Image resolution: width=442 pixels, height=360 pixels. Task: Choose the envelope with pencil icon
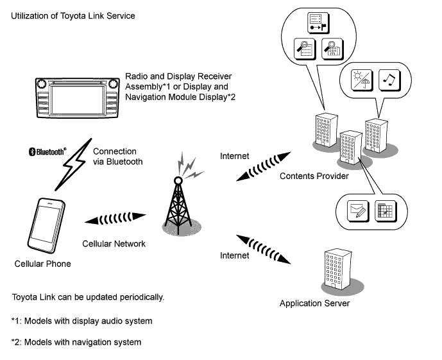[x=356, y=210]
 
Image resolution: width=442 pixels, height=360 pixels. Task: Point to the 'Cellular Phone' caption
[x=42, y=264]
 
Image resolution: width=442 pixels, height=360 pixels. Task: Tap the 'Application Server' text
[x=314, y=303]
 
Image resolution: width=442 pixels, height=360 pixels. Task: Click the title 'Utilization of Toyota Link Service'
[x=73, y=15]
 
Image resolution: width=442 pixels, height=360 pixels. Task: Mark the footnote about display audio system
[x=81, y=320]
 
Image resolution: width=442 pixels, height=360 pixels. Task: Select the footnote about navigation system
[x=76, y=342]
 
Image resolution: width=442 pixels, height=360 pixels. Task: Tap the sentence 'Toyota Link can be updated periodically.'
[x=89, y=298]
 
